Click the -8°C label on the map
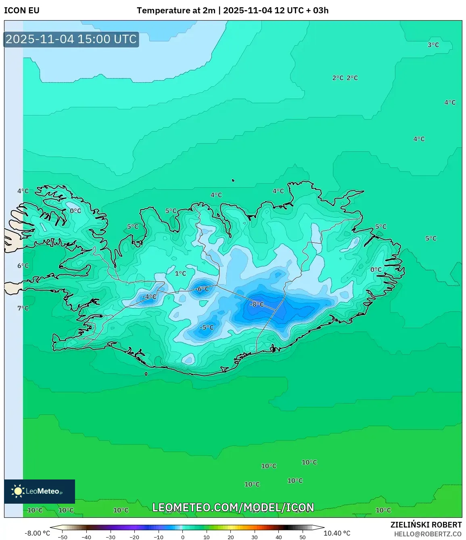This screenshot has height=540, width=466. pos(257,304)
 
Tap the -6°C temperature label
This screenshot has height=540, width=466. pos(202,289)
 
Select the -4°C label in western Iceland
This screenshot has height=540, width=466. pos(149,297)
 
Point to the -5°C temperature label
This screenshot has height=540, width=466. pos(207,327)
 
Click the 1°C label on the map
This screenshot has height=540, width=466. pos(180,273)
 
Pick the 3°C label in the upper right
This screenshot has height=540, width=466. pos(433,45)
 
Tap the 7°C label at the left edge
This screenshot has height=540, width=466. pos(23,308)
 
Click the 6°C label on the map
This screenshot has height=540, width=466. pos(23,266)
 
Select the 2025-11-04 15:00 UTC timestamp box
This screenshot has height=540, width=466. pos(71,39)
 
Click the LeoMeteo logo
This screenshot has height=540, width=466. pos(40,491)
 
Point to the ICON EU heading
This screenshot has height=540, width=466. pos(22,10)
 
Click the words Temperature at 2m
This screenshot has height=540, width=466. pos(176,10)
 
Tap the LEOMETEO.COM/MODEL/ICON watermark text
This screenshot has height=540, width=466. pos(233,507)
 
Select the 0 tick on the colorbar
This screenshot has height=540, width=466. pos(183,537)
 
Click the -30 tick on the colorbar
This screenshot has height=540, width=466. pos(111,537)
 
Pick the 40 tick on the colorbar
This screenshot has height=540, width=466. pos(278,537)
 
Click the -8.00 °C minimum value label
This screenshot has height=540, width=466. pos(38,533)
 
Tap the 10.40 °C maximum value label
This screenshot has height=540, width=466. pos(337,533)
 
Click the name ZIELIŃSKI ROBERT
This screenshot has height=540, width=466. pos(426,525)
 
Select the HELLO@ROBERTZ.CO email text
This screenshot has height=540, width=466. pos(428,534)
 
